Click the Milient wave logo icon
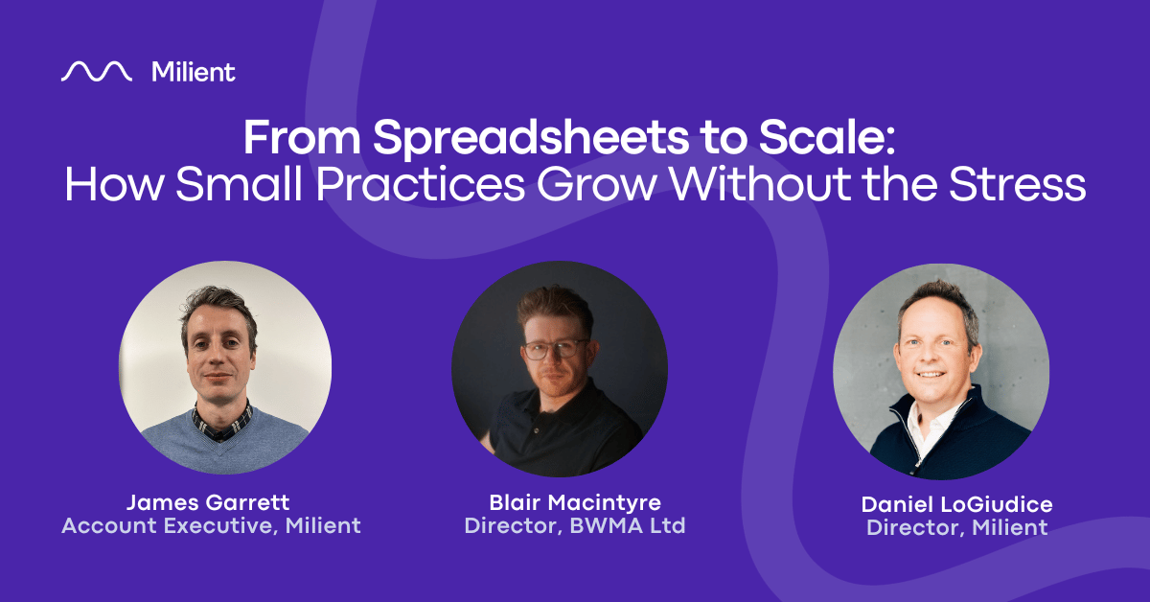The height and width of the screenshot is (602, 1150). (x=97, y=71)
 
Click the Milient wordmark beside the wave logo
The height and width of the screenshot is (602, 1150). (x=194, y=72)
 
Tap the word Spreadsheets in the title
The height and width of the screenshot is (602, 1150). (x=531, y=140)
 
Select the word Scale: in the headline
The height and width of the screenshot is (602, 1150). (x=828, y=138)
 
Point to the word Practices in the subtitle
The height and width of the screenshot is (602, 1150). (x=420, y=184)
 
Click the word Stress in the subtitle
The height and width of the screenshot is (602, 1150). (x=1017, y=184)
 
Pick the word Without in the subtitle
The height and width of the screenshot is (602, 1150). (x=760, y=184)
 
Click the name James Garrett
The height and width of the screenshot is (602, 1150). (x=208, y=502)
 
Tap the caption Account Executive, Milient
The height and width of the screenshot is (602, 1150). (x=211, y=525)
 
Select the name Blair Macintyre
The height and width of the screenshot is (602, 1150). (x=575, y=502)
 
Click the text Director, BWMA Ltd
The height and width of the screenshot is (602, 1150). (x=575, y=525)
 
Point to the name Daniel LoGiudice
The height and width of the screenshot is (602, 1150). (x=957, y=504)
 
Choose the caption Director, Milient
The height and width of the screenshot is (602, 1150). (x=957, y=527)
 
